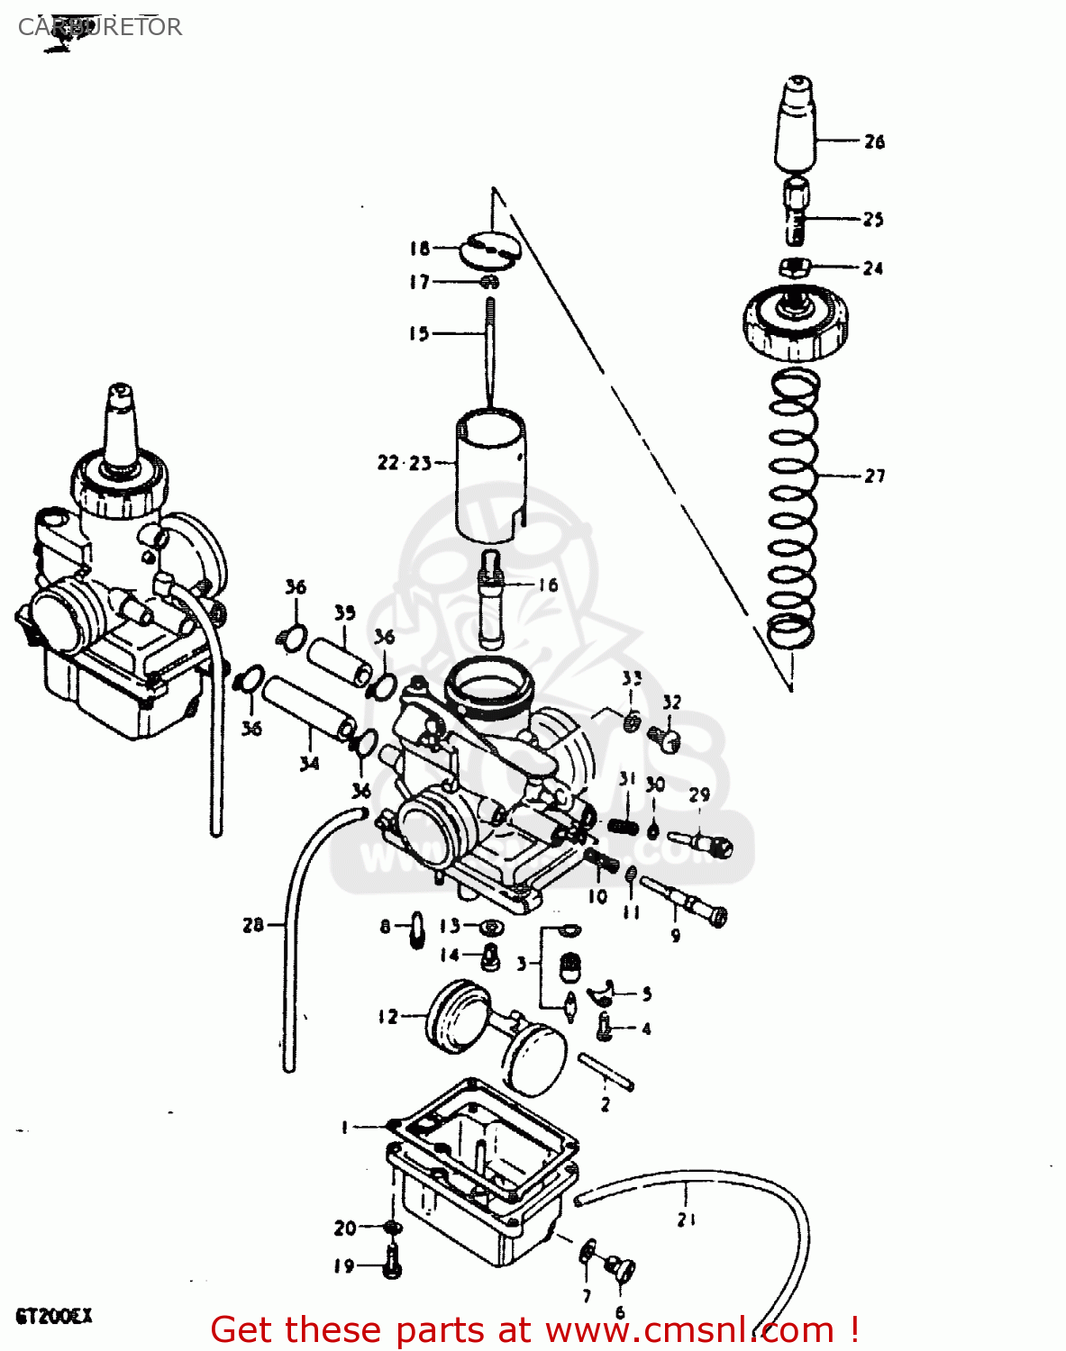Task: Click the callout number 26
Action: pyautogui.click(x=874, y=141)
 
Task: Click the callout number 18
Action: pyautogui.click(x=420, y=249)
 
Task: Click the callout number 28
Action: pyautogui.click(x=253, y=924)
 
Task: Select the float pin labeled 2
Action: pyautogui.click(x=606, y=1072)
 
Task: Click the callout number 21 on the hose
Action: pyautogui.click(x=687, y=1220)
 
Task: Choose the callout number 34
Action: pyautogui.click(x=309, y=763)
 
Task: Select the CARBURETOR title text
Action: pyautogui.click(x=100, y=27)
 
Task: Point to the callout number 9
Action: pyautogui.click(x=676, y=936)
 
